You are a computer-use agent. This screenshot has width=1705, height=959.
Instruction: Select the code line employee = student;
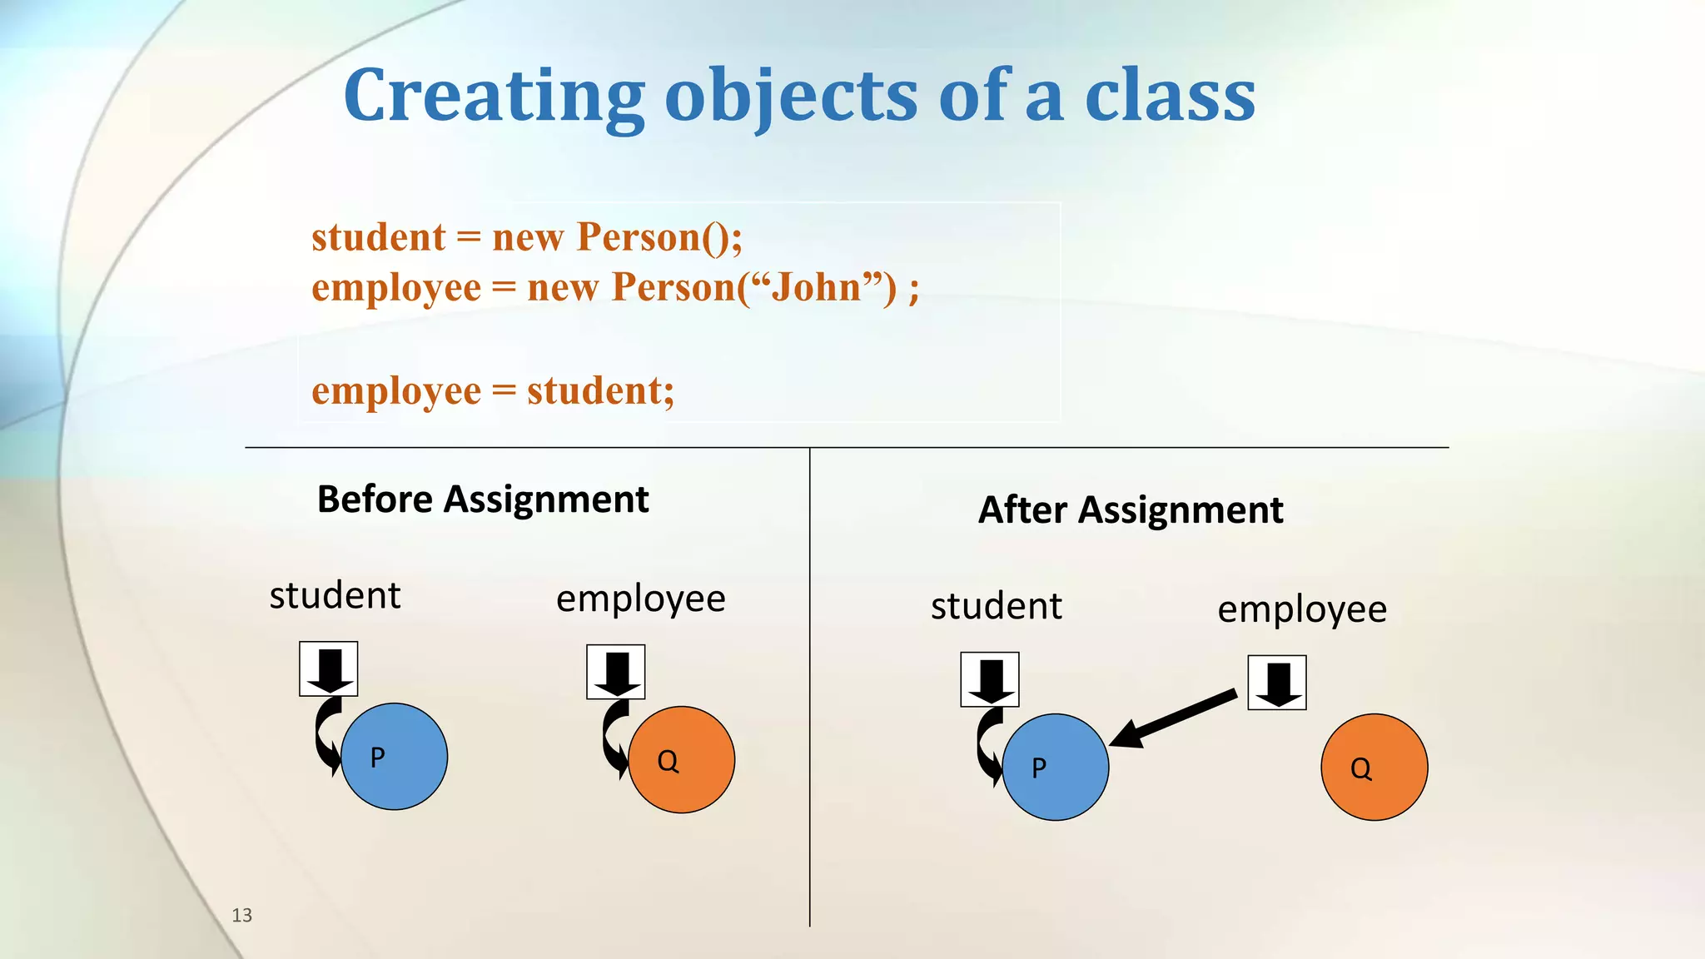493,390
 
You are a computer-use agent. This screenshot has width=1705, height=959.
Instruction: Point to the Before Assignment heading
483,499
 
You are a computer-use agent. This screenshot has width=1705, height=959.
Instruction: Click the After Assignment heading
1130,509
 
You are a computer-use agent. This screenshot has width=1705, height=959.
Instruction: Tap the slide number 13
241,915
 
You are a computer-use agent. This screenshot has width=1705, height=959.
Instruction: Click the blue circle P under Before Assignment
395,757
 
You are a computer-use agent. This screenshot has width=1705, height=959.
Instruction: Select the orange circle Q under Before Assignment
682,760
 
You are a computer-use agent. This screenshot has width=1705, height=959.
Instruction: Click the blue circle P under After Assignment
1056,767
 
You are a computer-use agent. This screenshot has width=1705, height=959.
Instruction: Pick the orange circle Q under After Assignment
1374,767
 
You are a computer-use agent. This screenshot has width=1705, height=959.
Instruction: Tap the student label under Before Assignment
335,596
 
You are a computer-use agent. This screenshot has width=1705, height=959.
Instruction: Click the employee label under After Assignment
1302,609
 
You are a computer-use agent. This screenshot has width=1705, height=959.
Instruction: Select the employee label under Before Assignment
640,599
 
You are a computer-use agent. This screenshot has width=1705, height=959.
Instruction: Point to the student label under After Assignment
996,606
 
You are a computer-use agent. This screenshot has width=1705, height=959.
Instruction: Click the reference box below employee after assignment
1276,683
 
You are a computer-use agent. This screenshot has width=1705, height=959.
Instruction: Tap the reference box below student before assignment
329,668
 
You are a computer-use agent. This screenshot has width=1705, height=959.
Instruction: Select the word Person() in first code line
659,236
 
